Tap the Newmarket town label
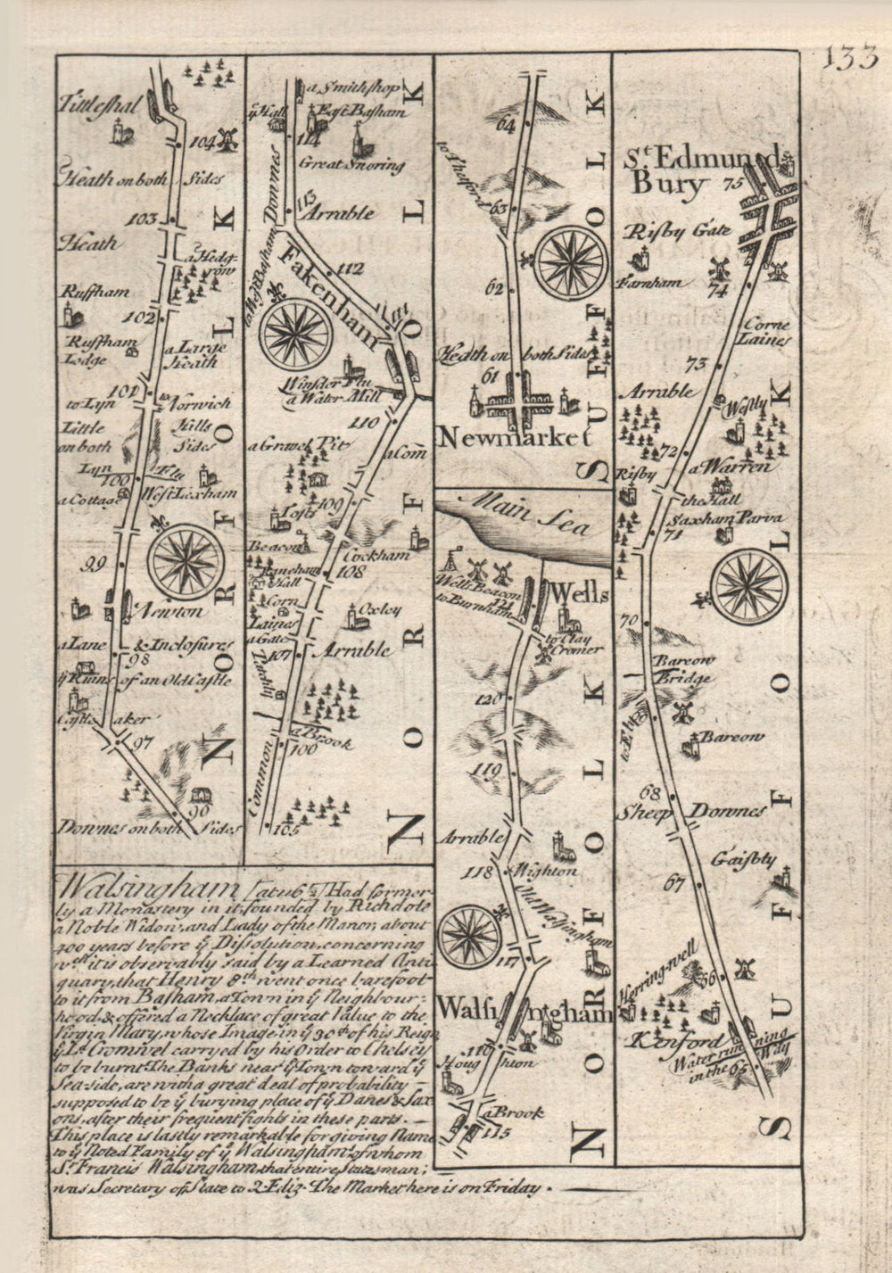click(515, 438)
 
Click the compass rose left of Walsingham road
click(471, 936)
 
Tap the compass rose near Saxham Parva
click(748, 586)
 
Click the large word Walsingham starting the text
click(147, 889)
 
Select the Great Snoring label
click(351, 164)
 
